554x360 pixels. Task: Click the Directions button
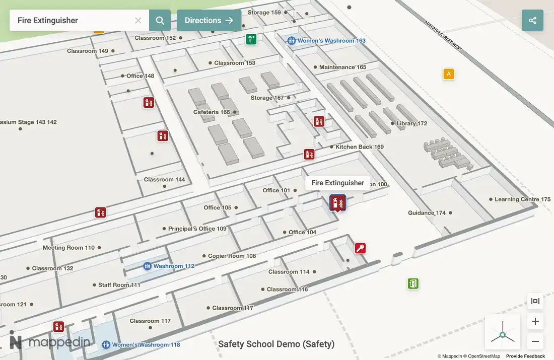(x=209, y=21)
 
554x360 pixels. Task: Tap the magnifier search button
(x=160, y=21)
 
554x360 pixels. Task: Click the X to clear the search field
(x=138, y=21)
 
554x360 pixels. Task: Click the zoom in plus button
(x=535, y=321)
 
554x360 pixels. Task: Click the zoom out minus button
(x=535, y=341)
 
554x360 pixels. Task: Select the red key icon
(x=360, y=248)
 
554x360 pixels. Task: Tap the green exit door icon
(x=413, y=283)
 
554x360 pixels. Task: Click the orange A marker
(x=449, y=74)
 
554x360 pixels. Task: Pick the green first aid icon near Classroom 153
(x=251, y=39)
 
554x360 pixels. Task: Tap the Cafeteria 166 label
(x=212, y=112)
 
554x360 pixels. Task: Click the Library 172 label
(x=411, y=123)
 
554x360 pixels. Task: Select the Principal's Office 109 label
(x=197, y=229)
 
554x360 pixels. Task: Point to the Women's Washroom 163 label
(x=331, y=41)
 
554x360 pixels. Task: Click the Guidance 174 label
(x=427, y=213)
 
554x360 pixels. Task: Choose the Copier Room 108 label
(x=232, y=256)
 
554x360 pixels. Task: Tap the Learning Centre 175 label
(x=522, y=199)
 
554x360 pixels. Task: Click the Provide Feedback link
(x=525, y=356)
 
